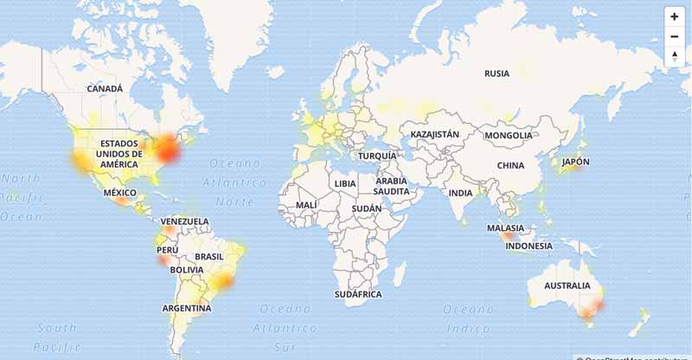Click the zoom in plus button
674,16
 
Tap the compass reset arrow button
674,56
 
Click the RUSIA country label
497,74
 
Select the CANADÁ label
105,88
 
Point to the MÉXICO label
120,193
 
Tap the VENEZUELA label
185,222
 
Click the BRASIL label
209,257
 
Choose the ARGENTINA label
187,308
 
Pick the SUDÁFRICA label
358,294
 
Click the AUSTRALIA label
567,286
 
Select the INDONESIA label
529,246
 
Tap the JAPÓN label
575,162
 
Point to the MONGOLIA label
509,136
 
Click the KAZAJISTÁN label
434,136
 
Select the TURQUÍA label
378,156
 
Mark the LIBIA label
345,184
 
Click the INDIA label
461,193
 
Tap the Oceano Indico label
469,317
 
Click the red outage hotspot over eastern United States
166,151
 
